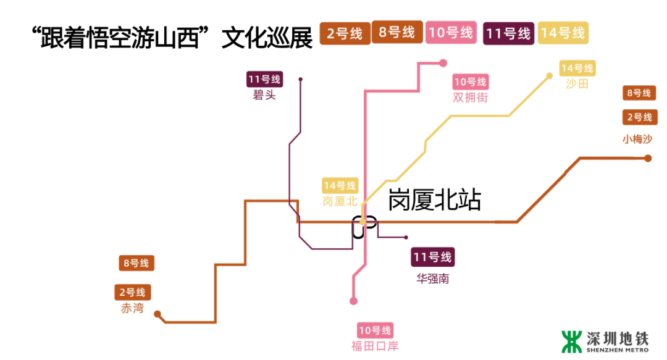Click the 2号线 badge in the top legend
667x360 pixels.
(x=345, y=33)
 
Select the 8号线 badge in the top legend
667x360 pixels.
(x=397, y=32)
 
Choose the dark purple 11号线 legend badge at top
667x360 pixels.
(x=508, y=33)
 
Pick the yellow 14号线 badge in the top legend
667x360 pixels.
(x=563, y=33)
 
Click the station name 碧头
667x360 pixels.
(x=264, y=96)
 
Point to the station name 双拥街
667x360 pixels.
(x=470, y=98)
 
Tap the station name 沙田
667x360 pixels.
(x=577, y=84)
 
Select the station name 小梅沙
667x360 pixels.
(x=637, y=139)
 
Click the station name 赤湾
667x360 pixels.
(x=133, y=308)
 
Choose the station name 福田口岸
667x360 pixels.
(x=375, y=346)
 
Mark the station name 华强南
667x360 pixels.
(x=433, y=278)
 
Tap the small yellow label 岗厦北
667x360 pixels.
(x=340, y=201)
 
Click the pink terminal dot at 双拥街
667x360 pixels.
(x=443, y=63)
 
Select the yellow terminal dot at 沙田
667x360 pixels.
(x=549, y=77)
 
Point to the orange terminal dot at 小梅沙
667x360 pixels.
(x=648, y=159)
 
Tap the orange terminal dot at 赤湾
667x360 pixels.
(x=157, y=314)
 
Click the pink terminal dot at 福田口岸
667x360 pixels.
(x=354, y=301)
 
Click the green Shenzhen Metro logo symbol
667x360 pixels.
(x=571, y=341)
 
